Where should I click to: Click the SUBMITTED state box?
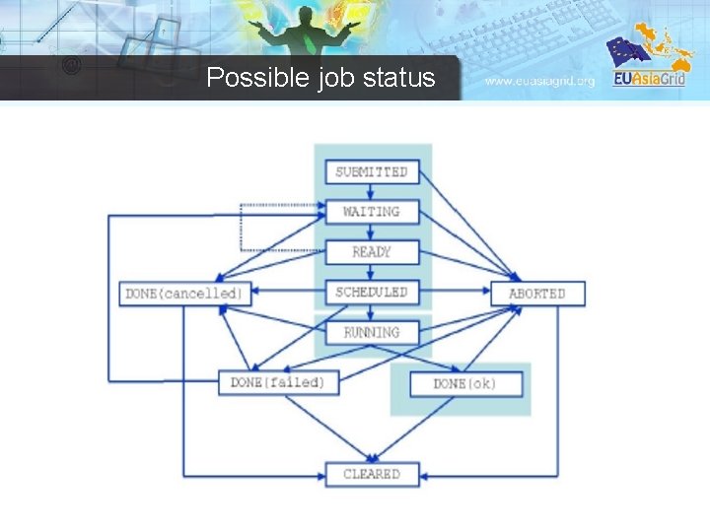coord(372,171)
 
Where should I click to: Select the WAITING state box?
coord(372,212)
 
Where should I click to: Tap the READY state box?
coord(372,252)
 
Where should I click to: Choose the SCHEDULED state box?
coord(372,293)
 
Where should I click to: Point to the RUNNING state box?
coord(372,333)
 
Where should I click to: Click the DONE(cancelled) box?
coord(184,294)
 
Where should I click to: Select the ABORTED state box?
coord(537,294)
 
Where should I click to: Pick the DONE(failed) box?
coord(277,382)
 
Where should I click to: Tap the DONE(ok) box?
coord(465,383)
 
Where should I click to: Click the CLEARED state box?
coord(372,474)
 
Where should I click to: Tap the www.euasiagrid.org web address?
coord(540,81)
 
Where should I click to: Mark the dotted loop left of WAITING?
coord(243,227)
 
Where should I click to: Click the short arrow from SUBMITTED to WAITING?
coord(372,191)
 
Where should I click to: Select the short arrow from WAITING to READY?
coord(372,232)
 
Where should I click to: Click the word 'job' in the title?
coord(336,78)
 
